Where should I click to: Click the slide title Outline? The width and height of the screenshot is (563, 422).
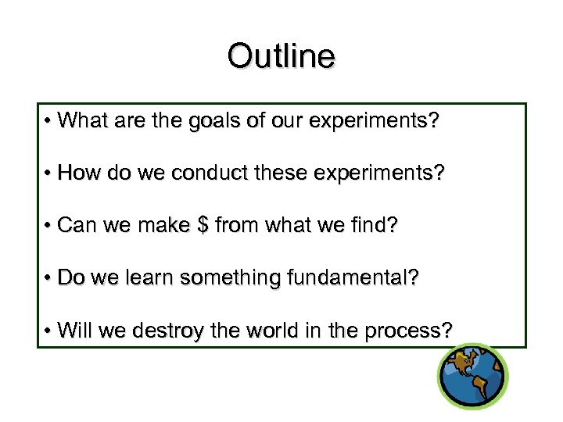[x=281, y=56]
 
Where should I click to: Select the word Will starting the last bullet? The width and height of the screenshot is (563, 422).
[x=74, y=331]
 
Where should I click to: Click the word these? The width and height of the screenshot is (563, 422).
[x=289, y=174]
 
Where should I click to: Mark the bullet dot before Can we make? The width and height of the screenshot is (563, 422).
[x=48, y=227]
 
